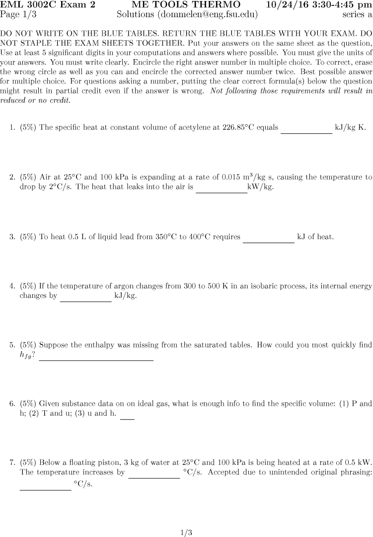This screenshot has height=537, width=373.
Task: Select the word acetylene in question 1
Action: coord(196,128)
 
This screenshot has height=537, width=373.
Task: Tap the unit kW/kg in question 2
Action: coord(261,187)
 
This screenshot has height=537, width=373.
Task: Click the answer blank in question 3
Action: coord(268,242)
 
